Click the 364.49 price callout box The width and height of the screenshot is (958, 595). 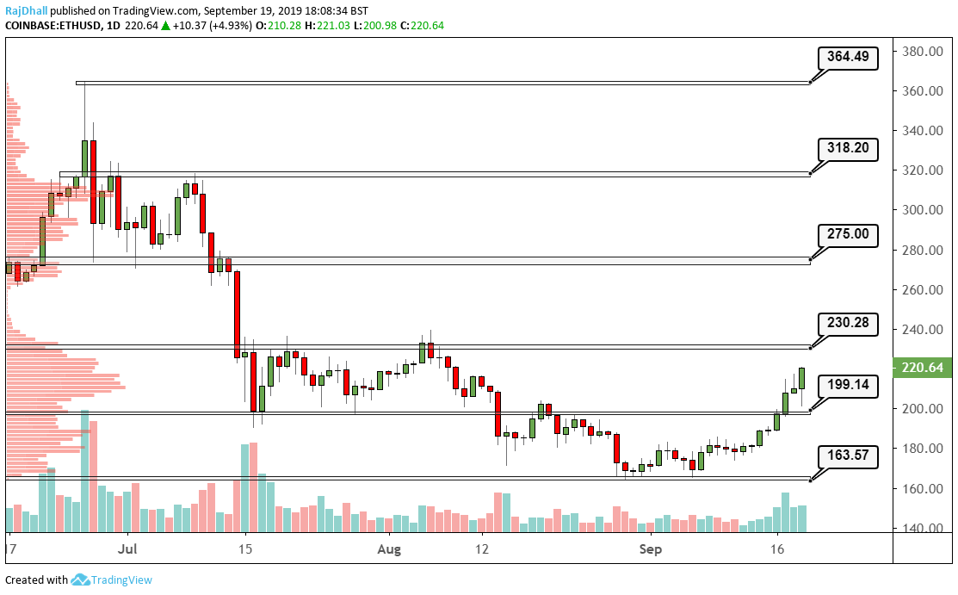pos(849,59)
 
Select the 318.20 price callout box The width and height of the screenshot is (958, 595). pos(849,148)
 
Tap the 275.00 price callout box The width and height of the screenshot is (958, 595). pos(849,234)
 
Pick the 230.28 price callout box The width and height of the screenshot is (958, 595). pos(849,325)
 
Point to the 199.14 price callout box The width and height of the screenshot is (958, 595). pos(849,387)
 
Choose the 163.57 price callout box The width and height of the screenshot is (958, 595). pos(849,457)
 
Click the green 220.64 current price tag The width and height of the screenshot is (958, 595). pos(924,368)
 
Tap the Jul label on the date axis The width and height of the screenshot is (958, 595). pos(128,548)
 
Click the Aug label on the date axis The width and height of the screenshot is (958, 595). pos(390,548)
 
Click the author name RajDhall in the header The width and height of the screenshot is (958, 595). pos(27,11)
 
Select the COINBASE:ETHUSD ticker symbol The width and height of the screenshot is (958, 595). pos(51,26)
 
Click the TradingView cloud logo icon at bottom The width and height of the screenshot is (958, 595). pos(81,580)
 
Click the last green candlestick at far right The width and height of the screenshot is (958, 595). pos(801,378)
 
